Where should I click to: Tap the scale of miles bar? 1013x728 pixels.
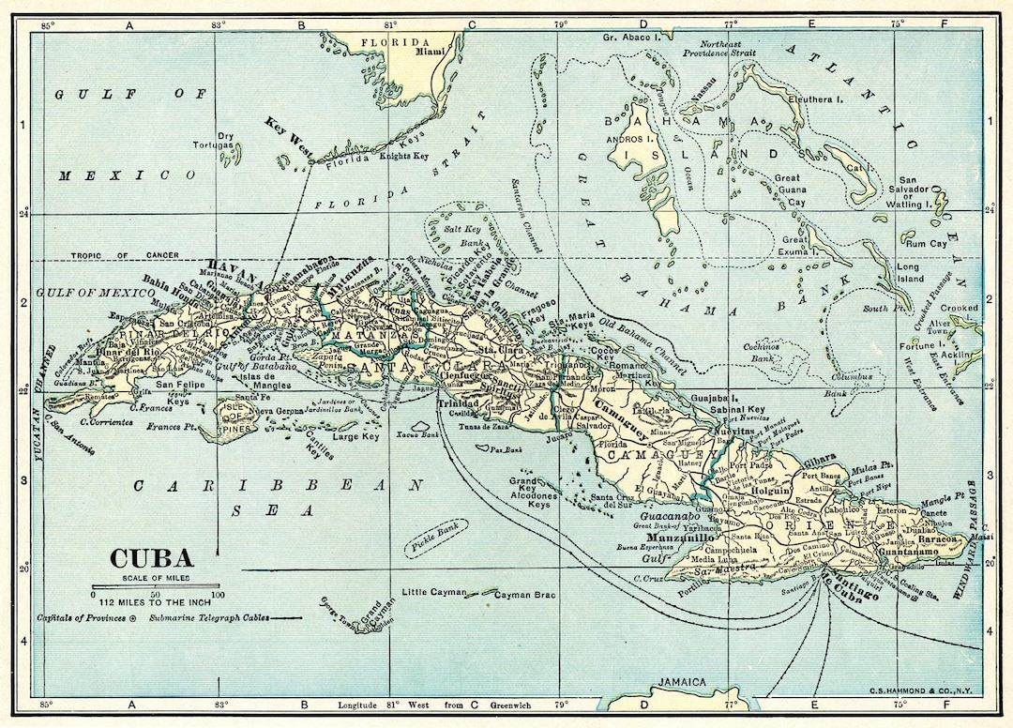pos(155,586)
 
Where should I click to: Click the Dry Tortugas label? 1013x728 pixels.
pos(213,140)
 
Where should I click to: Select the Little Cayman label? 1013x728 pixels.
pos(433,593)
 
